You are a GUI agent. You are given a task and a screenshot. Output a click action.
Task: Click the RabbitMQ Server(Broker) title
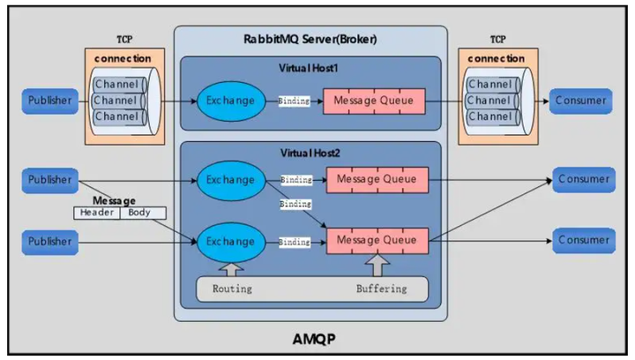coord(310,38)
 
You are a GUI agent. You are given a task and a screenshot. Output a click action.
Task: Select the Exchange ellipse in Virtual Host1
coord(230,101)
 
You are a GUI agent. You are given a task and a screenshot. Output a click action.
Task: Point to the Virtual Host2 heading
coord(310,152)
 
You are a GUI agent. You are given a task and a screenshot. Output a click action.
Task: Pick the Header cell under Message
coord(96,213)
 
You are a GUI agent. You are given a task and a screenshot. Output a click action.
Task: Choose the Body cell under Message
coord(139,213)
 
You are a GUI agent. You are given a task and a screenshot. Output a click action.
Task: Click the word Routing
coord(233,289)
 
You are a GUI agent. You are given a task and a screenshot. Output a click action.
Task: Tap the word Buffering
coord(381,289)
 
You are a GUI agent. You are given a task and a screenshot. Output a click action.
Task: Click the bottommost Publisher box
coord(49,240)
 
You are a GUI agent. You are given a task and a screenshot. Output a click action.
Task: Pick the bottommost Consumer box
coord(582,240)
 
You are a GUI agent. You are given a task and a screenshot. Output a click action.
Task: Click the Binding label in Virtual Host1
coord(294,101)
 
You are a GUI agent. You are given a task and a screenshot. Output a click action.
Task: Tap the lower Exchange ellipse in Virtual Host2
coord(230,240)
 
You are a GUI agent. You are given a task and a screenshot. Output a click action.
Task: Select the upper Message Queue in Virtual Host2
coord(377,180)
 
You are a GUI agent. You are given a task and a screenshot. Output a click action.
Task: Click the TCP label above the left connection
coord(124,41)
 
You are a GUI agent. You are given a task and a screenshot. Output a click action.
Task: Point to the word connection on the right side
coord(496,58)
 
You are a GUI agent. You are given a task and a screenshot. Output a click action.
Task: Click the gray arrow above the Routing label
coord(232,266)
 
